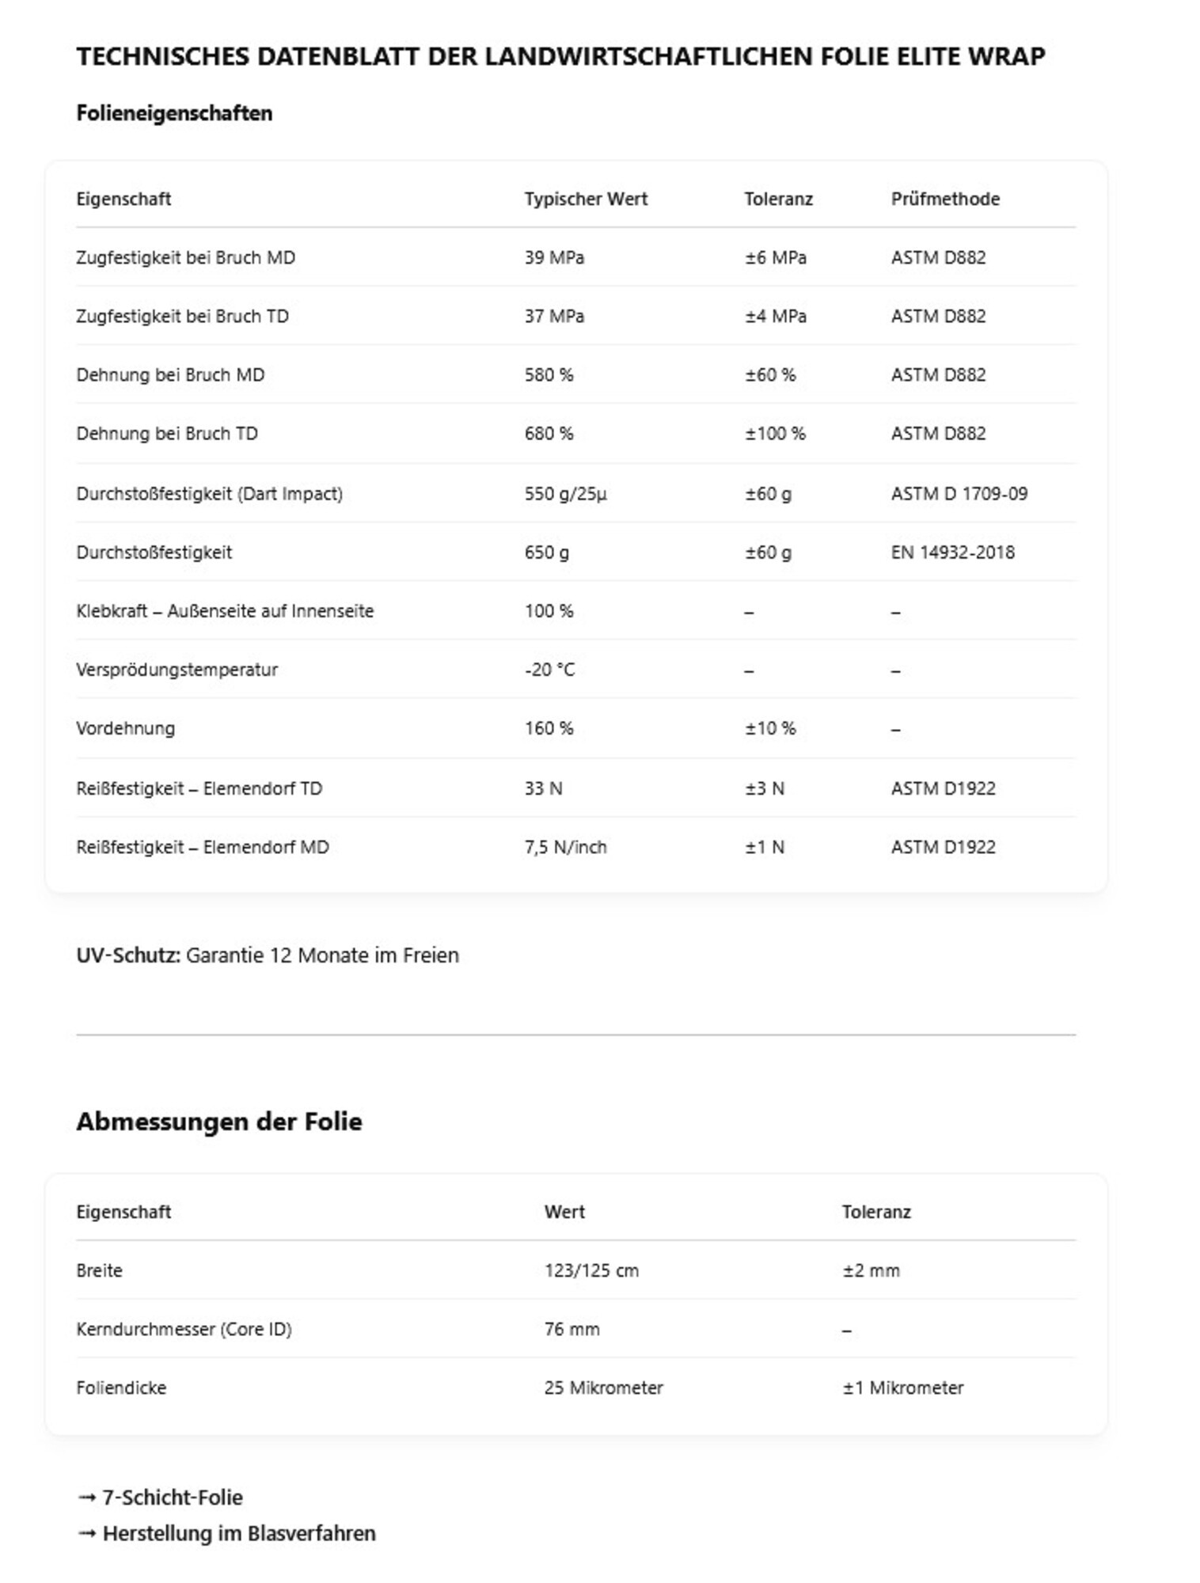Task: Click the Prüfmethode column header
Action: pos(944,199)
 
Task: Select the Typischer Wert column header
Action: pos(585,199)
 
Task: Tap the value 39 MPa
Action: pos(553,257)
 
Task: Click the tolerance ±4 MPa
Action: pos(775,316)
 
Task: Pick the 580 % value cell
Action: pos(549,374)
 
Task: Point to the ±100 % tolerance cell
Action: pos(774,433)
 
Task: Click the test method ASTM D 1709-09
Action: pos(959,493)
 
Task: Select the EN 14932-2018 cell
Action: pos(952,552)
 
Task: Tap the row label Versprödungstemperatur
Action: pos(177,670)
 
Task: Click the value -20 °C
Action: pos(549,670)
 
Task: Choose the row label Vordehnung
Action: pos(125,728)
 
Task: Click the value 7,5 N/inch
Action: pos(565,847)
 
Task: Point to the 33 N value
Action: pos(543,788)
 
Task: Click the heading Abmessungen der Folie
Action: pos(218,1121)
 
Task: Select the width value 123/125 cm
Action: pos(591,1270)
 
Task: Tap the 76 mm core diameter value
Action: pos(572,1329)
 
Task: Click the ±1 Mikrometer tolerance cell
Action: pos(902,1387)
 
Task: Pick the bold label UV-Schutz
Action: pos(127,955)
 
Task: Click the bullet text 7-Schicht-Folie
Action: pos(172,1497)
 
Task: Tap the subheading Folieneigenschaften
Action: pos(174,113)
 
